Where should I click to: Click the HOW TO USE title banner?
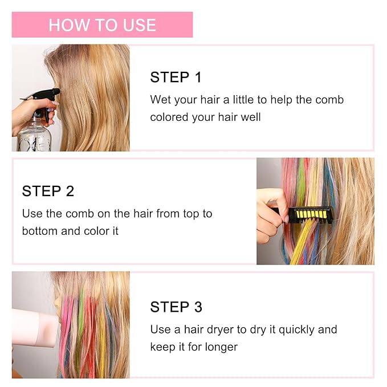102,25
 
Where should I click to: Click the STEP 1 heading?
176,78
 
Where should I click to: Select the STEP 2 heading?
48,191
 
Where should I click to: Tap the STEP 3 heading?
176,307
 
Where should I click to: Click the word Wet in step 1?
160,100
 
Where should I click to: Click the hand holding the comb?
271,205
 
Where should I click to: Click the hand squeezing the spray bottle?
28,108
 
